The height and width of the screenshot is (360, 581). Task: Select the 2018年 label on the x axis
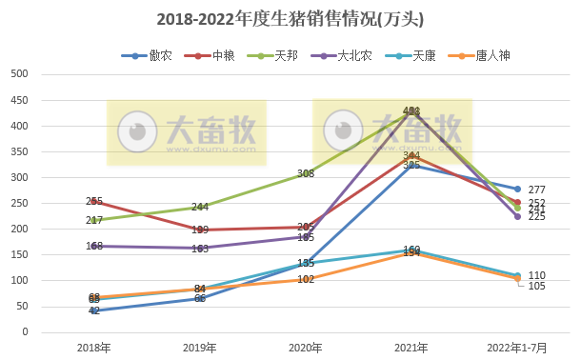point(93,348)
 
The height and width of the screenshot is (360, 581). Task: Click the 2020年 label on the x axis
point(306,348)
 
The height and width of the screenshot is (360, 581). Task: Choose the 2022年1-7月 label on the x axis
point(518,348)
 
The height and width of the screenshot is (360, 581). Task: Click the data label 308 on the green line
point(306,173)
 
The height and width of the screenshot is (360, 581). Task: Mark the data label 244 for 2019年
point(200,207)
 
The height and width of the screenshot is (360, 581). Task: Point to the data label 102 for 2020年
point(306,279)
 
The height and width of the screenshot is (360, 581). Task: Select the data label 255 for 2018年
point(94,201)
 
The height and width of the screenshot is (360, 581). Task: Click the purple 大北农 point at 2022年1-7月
point(517,216)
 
